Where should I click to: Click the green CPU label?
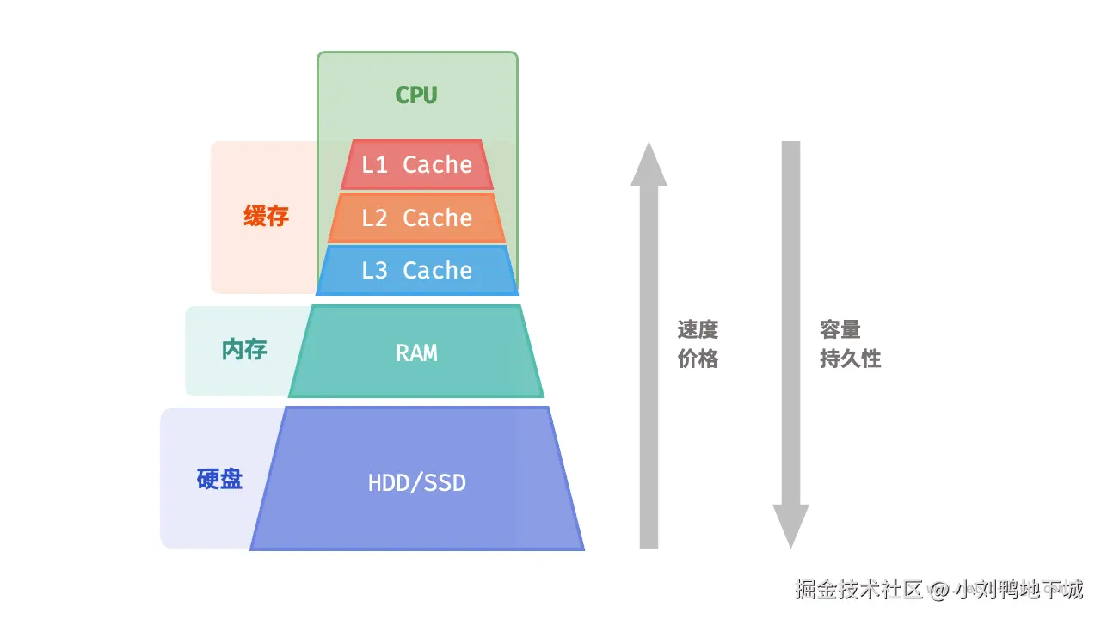pos(416,95)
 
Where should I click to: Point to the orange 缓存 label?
pos(266,216)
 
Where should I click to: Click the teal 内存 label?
pos(244,349)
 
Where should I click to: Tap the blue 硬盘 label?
pos(219,479)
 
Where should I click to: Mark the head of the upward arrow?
pos(649,163)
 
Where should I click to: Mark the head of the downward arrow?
pos(790,526)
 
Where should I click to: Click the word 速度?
pos(698,329)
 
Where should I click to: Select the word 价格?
pos(698,359)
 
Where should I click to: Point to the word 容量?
pos(840,329)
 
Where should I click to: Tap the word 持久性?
pos(851,359)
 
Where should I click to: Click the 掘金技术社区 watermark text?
pos(858,590)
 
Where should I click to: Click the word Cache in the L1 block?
pos(437,164)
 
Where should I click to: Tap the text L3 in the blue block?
pos(374,271)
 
